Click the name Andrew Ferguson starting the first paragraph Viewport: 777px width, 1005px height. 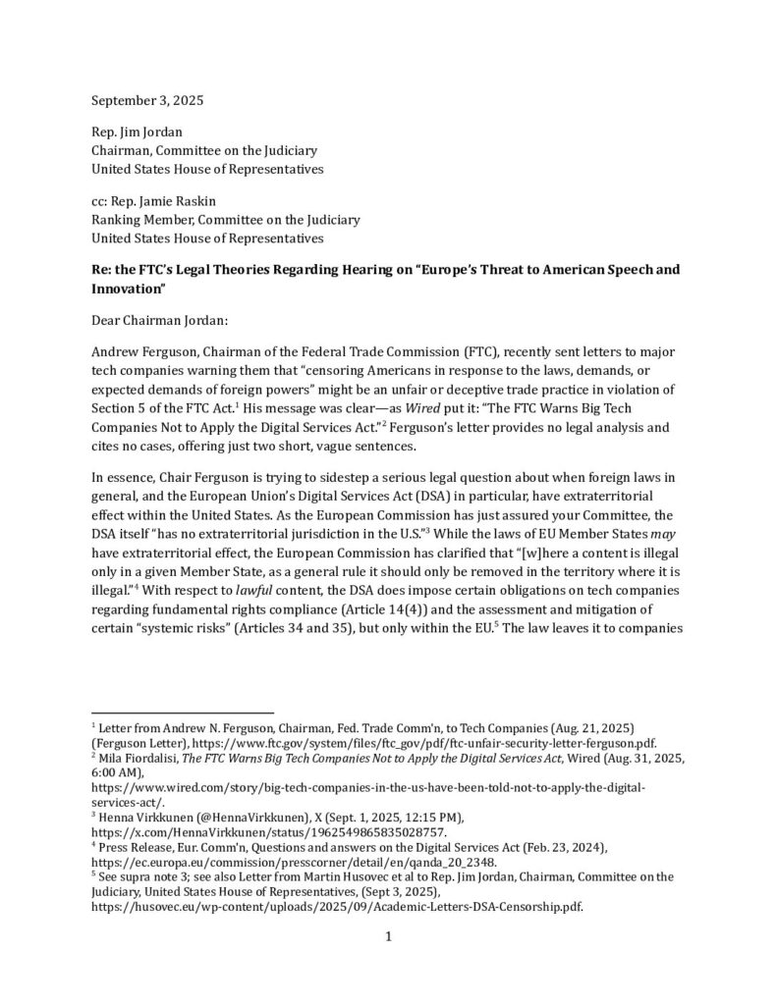tap(147, 350)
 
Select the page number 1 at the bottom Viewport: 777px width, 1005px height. tap(388, 937)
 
